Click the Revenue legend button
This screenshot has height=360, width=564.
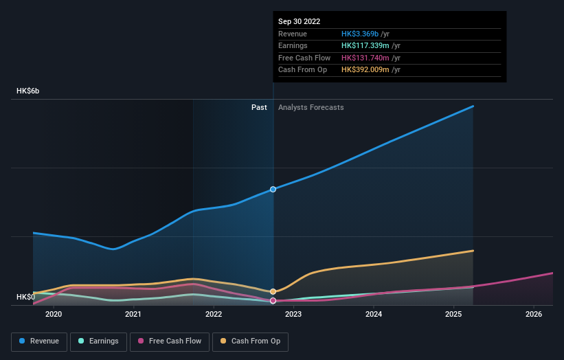(x=39, y=341)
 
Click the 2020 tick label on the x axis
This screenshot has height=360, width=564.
(x=54, y=314)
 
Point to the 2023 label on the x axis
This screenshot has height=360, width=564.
(x=293, y=314)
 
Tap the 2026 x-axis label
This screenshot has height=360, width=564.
(x=533, y=314)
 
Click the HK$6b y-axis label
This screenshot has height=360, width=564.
(x=33, y=91)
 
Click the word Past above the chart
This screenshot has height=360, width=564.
(x=259, y=107)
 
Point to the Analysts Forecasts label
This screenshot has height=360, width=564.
(x=311, y=107)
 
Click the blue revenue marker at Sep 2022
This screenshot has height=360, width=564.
(x=273, y=189)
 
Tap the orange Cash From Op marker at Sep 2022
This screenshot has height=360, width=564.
(x=273, y=291)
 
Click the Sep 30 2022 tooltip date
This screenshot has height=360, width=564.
(x=300, y=21)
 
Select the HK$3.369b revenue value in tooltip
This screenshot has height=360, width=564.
(x=365, y=34)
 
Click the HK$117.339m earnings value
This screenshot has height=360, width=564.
(x=371, y=46)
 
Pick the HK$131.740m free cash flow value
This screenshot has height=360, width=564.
(x=371, y=58)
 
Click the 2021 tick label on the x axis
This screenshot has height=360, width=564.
(x=133, y=314)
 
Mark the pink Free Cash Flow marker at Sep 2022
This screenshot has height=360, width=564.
(x=273, y=300)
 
